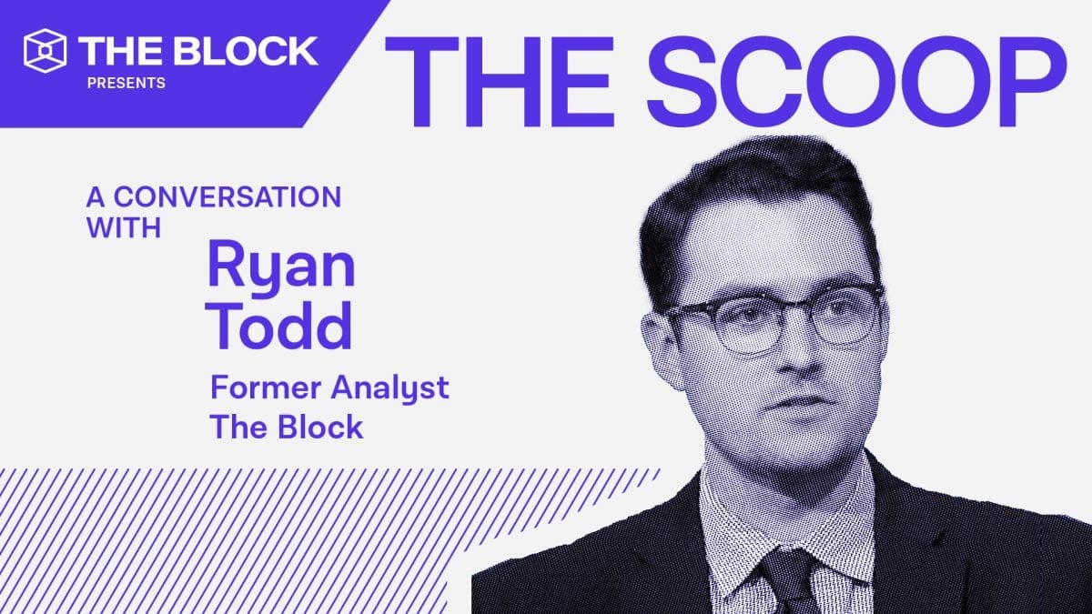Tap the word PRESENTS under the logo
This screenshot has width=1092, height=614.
[126, 83]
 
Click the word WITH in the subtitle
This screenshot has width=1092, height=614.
[125, 227]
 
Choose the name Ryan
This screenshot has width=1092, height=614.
[280, 264]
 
